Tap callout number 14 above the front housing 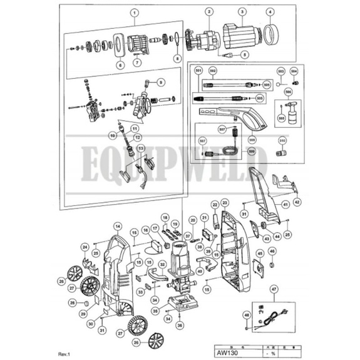click(x=116, y=225)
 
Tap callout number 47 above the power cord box click(x=272, y=289)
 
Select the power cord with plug click(x=269, y=314)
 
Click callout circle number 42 click(x=297, y=202)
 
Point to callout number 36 click(x=180, y=326)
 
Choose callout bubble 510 click(x=282, y=141)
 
